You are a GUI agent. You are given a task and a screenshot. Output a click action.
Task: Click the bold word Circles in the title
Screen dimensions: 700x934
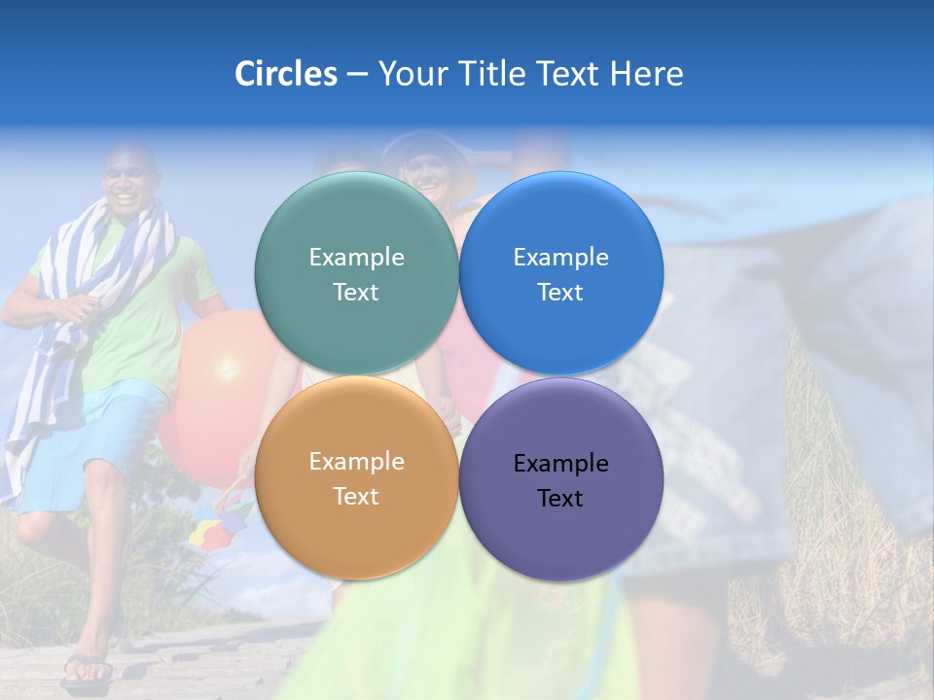pos(286,73)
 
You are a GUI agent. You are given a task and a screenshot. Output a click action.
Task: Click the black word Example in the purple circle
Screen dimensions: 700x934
pos(561,464)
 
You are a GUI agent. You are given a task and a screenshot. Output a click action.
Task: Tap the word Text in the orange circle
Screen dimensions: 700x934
pos(356,497)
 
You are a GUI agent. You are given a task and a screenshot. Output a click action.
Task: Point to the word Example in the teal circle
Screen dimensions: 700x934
pos(356,258)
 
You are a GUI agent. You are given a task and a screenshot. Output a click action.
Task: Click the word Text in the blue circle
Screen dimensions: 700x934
pos(561,293)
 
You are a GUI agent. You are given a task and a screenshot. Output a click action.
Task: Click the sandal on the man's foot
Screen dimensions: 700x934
pos(88,670)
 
